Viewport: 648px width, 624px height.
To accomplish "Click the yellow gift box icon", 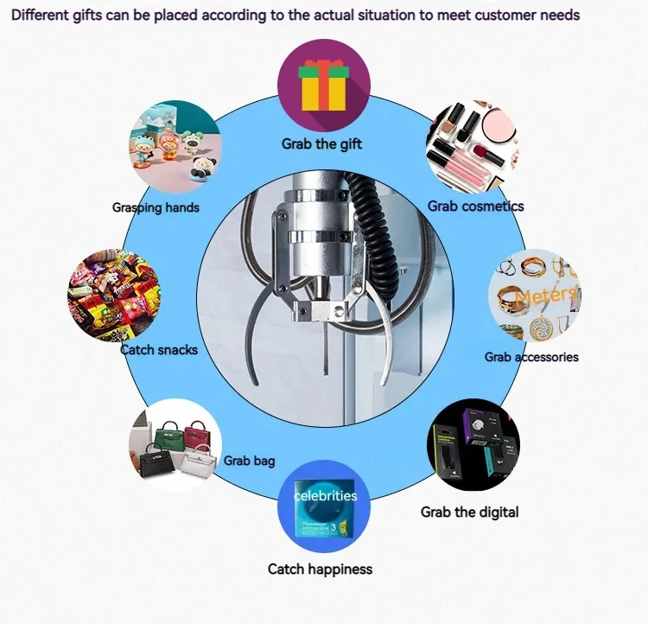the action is [324, 86].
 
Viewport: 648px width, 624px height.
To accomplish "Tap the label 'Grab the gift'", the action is [321, 144].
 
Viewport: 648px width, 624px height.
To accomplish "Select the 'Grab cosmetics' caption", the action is [475, 206].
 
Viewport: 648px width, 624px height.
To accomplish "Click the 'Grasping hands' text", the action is [156, 207].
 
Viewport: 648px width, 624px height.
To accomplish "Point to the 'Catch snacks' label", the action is [159, 350].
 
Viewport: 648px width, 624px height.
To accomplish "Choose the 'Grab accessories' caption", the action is [531, 357].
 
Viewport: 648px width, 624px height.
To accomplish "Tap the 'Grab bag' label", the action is [249, 461].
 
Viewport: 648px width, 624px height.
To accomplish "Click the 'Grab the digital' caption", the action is [469, 512].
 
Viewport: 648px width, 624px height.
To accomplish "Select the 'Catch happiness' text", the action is [320, 569].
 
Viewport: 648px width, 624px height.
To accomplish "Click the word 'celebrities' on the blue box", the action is [325, 495].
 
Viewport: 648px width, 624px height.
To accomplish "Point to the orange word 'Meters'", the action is [546, 295].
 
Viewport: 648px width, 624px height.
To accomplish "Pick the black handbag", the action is [157, 461].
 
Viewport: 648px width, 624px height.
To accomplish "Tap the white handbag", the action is [200, 462].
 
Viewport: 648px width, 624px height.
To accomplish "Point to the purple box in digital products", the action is [479, 426].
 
